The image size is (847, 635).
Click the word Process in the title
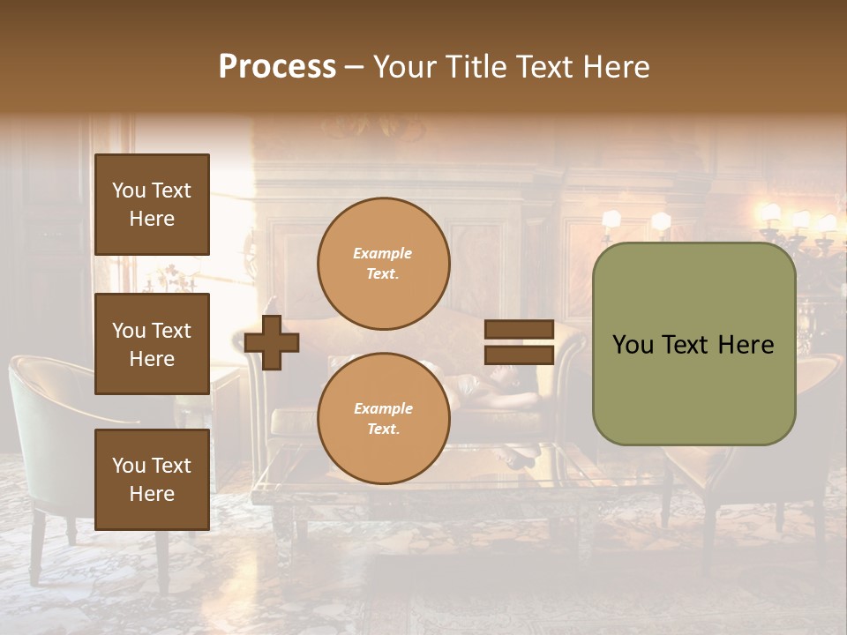click(277, 67)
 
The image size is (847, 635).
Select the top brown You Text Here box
click(152, 205)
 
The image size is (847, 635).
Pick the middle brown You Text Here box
click(152, 344)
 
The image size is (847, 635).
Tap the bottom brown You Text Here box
click(152, 480)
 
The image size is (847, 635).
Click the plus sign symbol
click(272, 343)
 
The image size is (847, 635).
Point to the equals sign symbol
click(519, 343)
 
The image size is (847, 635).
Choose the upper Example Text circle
click(384, 264)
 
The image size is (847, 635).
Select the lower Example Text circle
click(384, 419)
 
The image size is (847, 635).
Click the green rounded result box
click(693, 344)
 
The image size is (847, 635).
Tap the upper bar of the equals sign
click(519, 330)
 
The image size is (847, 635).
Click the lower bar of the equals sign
click(519, 355)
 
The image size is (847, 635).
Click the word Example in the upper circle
click(383, 254)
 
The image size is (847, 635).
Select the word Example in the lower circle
click(383, 409)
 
